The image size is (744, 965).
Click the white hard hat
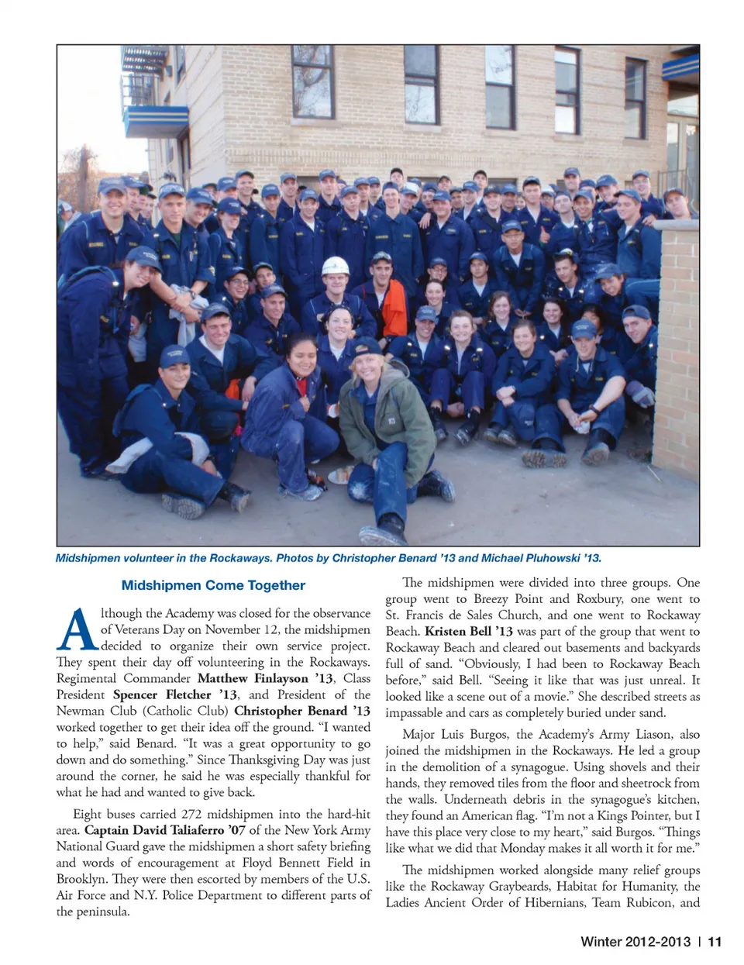(335, 266)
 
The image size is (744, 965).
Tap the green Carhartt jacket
(387, 411)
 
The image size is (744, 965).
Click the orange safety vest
(393, 308)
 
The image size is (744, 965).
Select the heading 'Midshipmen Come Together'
(213, 585)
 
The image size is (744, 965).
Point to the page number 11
(715, 942)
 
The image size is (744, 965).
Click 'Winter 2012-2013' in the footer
(635, 942)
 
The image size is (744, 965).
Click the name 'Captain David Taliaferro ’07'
(164, 830)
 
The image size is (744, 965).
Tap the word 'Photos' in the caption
(297, 558)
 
